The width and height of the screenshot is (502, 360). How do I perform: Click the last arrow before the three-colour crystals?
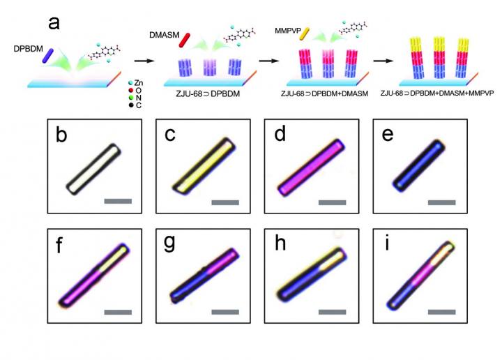coord(386,60)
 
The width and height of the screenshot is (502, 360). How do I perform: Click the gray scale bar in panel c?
coord(225,202)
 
